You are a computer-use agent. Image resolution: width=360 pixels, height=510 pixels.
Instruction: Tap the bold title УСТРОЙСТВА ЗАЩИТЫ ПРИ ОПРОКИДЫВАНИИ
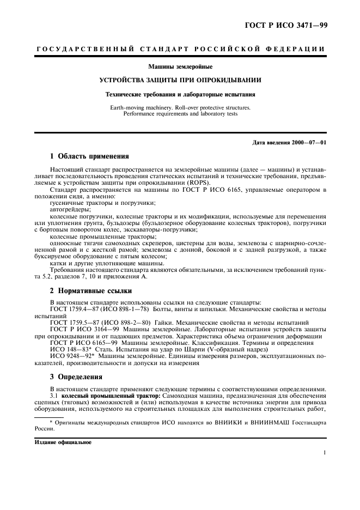[x=180, y=80]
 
